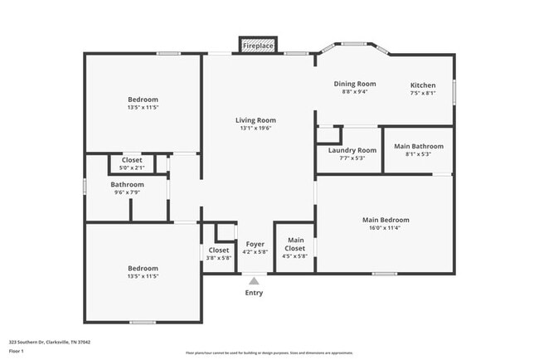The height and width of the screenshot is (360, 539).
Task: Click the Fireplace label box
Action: click(x=257, y=46)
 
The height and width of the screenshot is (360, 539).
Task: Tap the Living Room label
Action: click(x=255, y=119)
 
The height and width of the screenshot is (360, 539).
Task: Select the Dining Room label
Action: click(x=355, y=84)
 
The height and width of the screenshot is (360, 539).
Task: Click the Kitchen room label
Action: click(x=423, y=85)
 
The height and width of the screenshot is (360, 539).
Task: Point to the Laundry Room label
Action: click(x=352, y=150)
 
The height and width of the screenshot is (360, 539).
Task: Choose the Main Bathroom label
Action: click(x=418, y=146)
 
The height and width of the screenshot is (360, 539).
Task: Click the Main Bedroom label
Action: click(x=386, y=220)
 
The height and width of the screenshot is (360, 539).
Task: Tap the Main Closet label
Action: click(x=295, y=245)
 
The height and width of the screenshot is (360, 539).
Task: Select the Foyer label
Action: click(x=255, y=245)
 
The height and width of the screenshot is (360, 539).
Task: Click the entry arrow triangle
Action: click(x=254, y=282)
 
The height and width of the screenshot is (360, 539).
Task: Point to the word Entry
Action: click(x=254, y=293)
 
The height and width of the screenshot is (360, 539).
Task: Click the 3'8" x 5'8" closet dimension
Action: click(x=219, y=258)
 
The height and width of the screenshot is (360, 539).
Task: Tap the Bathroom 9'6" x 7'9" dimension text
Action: click(x=127, y=192)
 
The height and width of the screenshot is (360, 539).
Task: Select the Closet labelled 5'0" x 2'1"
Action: click(x=132, y=160)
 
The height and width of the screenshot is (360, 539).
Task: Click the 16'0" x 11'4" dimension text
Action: click(x=386, y=228)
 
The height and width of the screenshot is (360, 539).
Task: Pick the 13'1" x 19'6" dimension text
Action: click(x=255, y=128)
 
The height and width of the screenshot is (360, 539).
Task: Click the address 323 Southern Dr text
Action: click(x=50, y=341)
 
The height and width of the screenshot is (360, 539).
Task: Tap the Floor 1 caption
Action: click(x=17, y=351)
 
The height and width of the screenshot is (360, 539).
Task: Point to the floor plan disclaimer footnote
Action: click(x=269, y=352)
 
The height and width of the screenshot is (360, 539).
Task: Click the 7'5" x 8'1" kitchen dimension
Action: click(x=423, y=93)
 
